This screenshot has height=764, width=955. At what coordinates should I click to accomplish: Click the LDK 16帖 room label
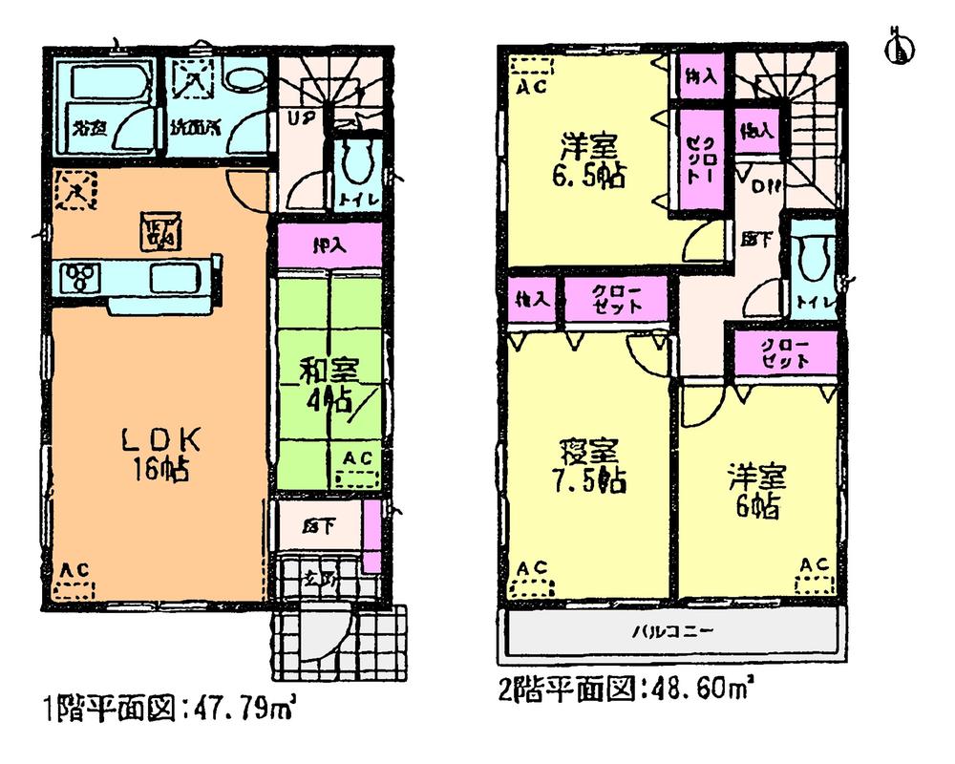pyautogui.click(x=159, y=455)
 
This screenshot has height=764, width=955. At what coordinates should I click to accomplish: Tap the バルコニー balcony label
pyautogui.click(x=672, y=632)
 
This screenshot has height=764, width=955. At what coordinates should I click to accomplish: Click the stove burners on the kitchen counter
pyautogui.click(x=77, y=278)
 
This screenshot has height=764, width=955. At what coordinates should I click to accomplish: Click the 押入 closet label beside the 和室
pyautogui.click(x=330, y=244)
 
